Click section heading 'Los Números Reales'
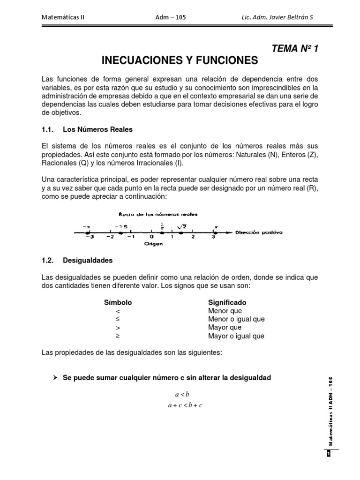98,129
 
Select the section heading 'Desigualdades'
88,260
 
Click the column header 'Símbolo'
118,302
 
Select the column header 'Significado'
227,302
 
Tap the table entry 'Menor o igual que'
236,319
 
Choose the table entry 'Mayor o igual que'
236,336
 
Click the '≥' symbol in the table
118,336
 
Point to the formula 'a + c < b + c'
185,405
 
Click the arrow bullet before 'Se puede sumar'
55,377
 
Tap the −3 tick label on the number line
87,237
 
